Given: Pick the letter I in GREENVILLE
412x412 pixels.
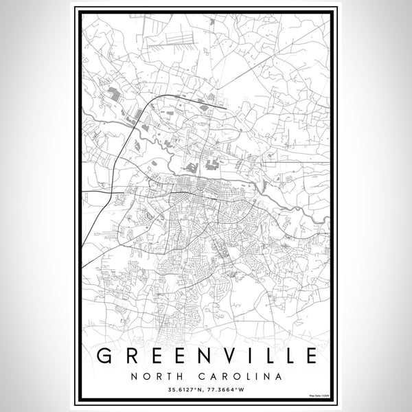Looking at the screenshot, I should [x=255, y=355].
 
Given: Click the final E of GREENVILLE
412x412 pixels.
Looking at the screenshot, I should [x=310, y=355].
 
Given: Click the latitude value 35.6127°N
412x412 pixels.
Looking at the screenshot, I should [x=183, y=391].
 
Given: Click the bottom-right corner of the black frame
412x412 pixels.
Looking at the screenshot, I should [x=332, y=401].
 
